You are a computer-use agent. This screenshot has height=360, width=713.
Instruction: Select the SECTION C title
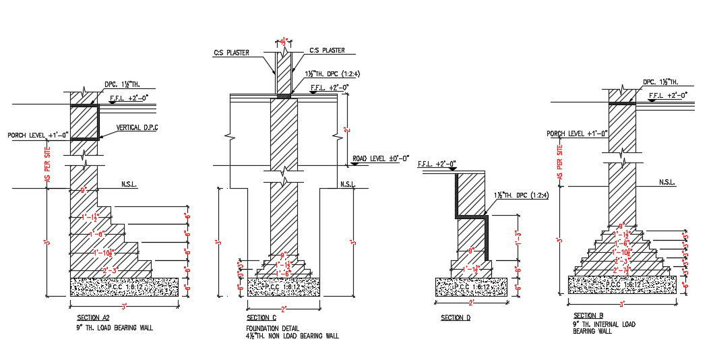coord(261,318)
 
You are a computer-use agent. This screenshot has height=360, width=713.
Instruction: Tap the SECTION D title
coord(456,318)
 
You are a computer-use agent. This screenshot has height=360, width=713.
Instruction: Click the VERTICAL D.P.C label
coord(137,127)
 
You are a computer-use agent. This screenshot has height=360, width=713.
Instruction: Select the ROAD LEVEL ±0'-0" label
coord(381,160)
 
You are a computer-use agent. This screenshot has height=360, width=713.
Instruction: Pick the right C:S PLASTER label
coord(327,50)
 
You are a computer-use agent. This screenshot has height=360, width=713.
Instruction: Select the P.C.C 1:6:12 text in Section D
coord(471,287)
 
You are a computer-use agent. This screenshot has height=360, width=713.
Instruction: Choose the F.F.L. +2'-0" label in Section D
coord(437,164)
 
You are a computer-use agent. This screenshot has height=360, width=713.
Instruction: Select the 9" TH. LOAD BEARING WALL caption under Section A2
coord(115,328)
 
